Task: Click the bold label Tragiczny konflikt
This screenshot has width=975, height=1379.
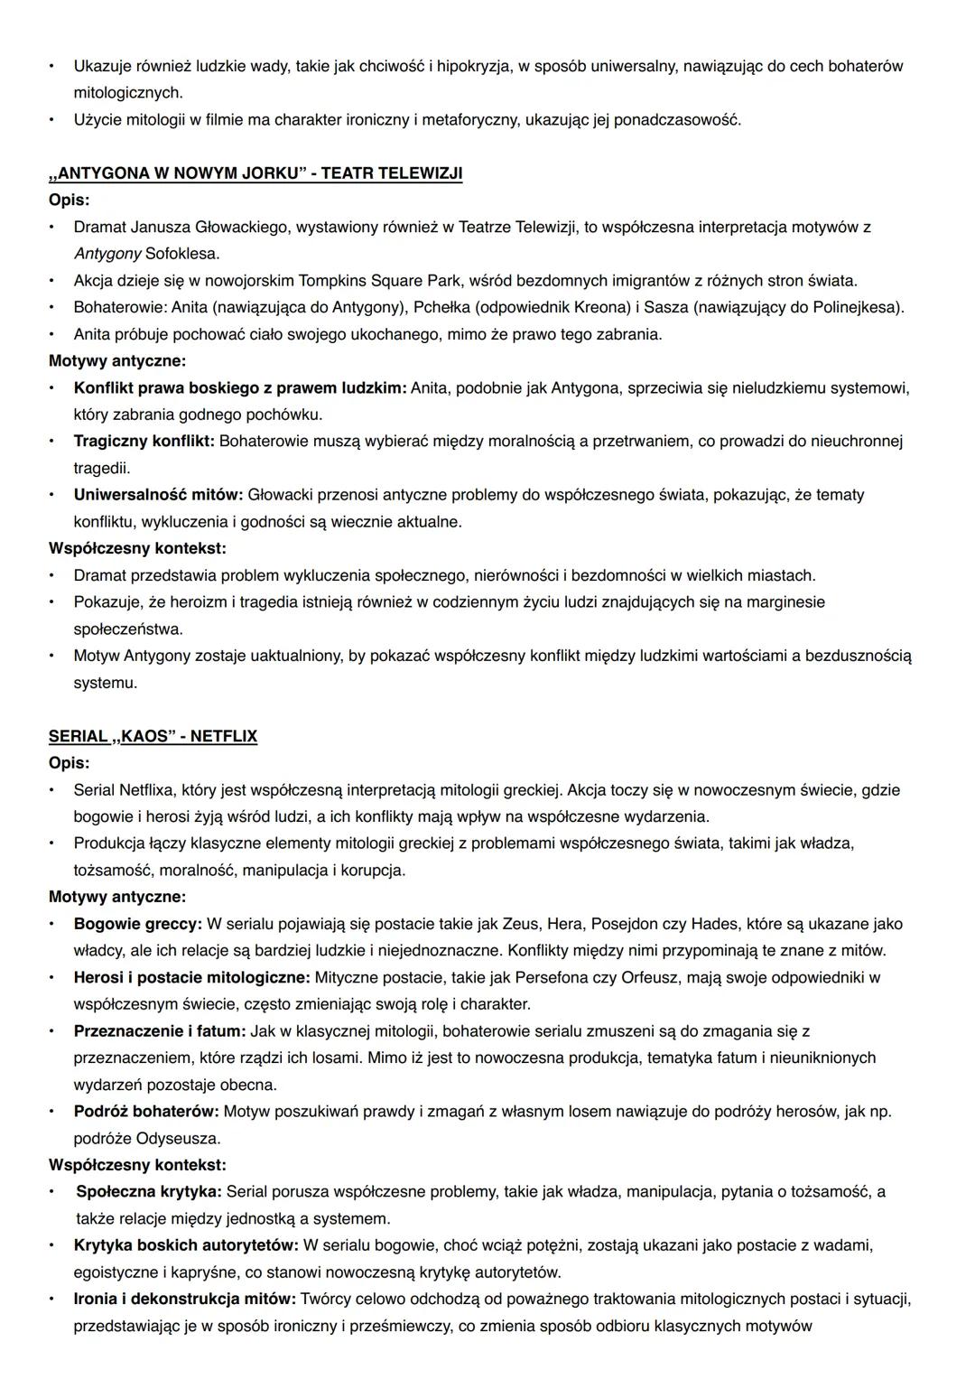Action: coord(144,442)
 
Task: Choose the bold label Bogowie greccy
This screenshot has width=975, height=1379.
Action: coord(138,924)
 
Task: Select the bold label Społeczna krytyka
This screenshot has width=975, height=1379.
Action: coord(150,1191)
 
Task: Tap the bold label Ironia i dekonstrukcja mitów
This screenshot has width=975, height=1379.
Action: coord(185,1299)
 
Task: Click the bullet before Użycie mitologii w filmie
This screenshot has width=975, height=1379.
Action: coord(52,120)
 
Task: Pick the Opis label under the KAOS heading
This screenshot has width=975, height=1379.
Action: coord(69,763)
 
